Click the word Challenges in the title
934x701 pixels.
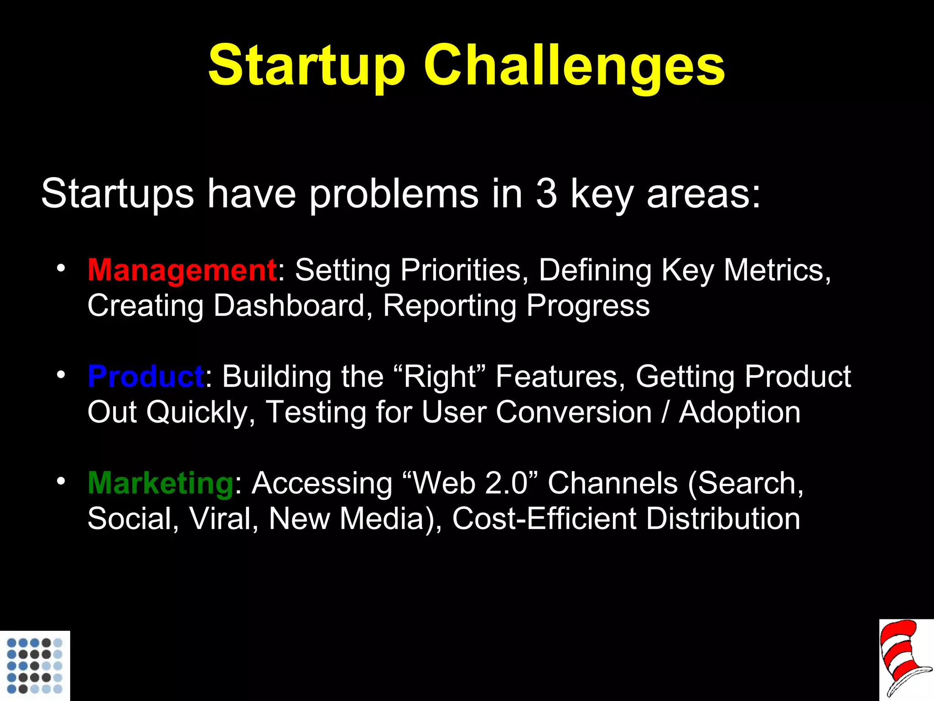574,66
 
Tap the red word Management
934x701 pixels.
182,270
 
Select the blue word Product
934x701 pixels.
145,377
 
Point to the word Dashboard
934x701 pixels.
289,306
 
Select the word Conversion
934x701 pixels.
574,413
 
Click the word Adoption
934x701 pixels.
739,413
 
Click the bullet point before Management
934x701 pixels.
61,268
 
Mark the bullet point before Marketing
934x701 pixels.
61,481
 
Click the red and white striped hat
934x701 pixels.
905,659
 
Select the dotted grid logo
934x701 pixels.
35,665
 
